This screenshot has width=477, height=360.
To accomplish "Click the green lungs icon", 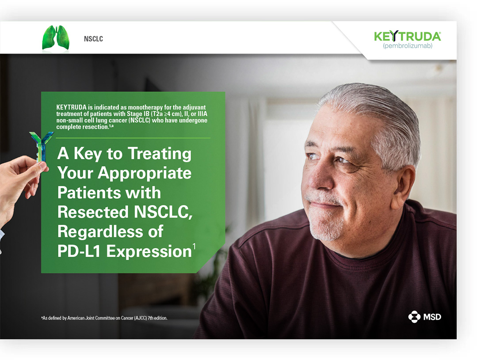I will click(x=56, y=38).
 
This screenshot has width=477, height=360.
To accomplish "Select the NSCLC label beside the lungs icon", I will click(x=93, y=39).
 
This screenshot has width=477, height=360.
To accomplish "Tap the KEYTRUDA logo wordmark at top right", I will click(x=407, y=36).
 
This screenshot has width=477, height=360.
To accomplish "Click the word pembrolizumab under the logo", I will click(x=408, y=46).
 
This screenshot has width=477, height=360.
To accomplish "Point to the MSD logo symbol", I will click(x=414, y=317).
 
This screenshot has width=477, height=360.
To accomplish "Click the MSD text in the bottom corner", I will click(x=432, y=317).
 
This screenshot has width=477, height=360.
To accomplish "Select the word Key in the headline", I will click(x=88, y=154).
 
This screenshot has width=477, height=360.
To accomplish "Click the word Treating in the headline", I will click(x=160, y=154).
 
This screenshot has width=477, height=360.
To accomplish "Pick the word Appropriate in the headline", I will click(x=144, y=173).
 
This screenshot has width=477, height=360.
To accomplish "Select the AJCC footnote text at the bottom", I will click(x=104, y=318).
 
